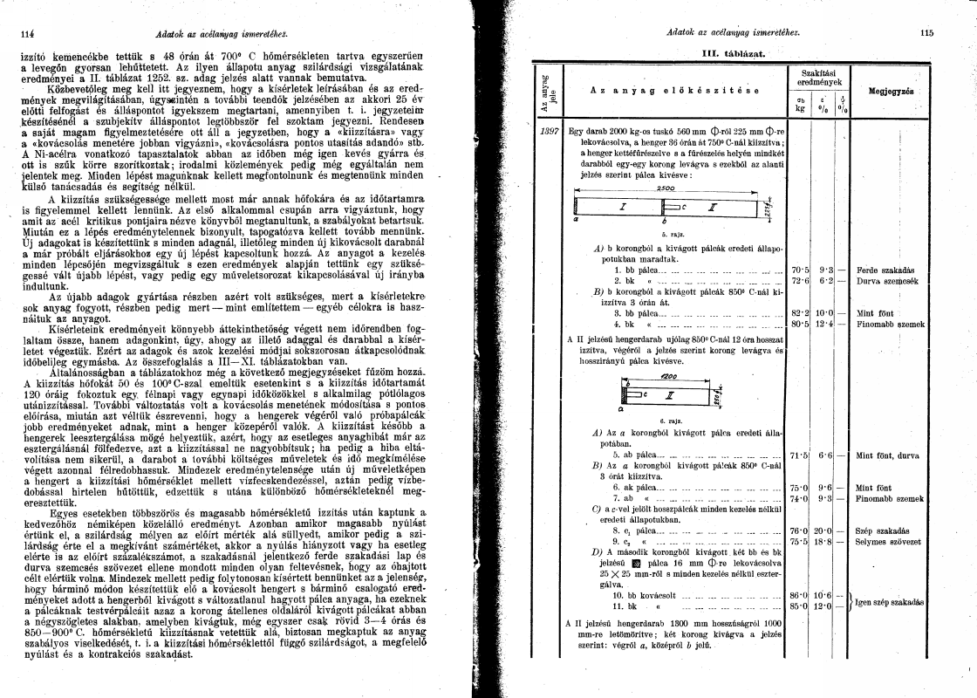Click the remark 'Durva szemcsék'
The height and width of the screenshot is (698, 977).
[x=884, y=280]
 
